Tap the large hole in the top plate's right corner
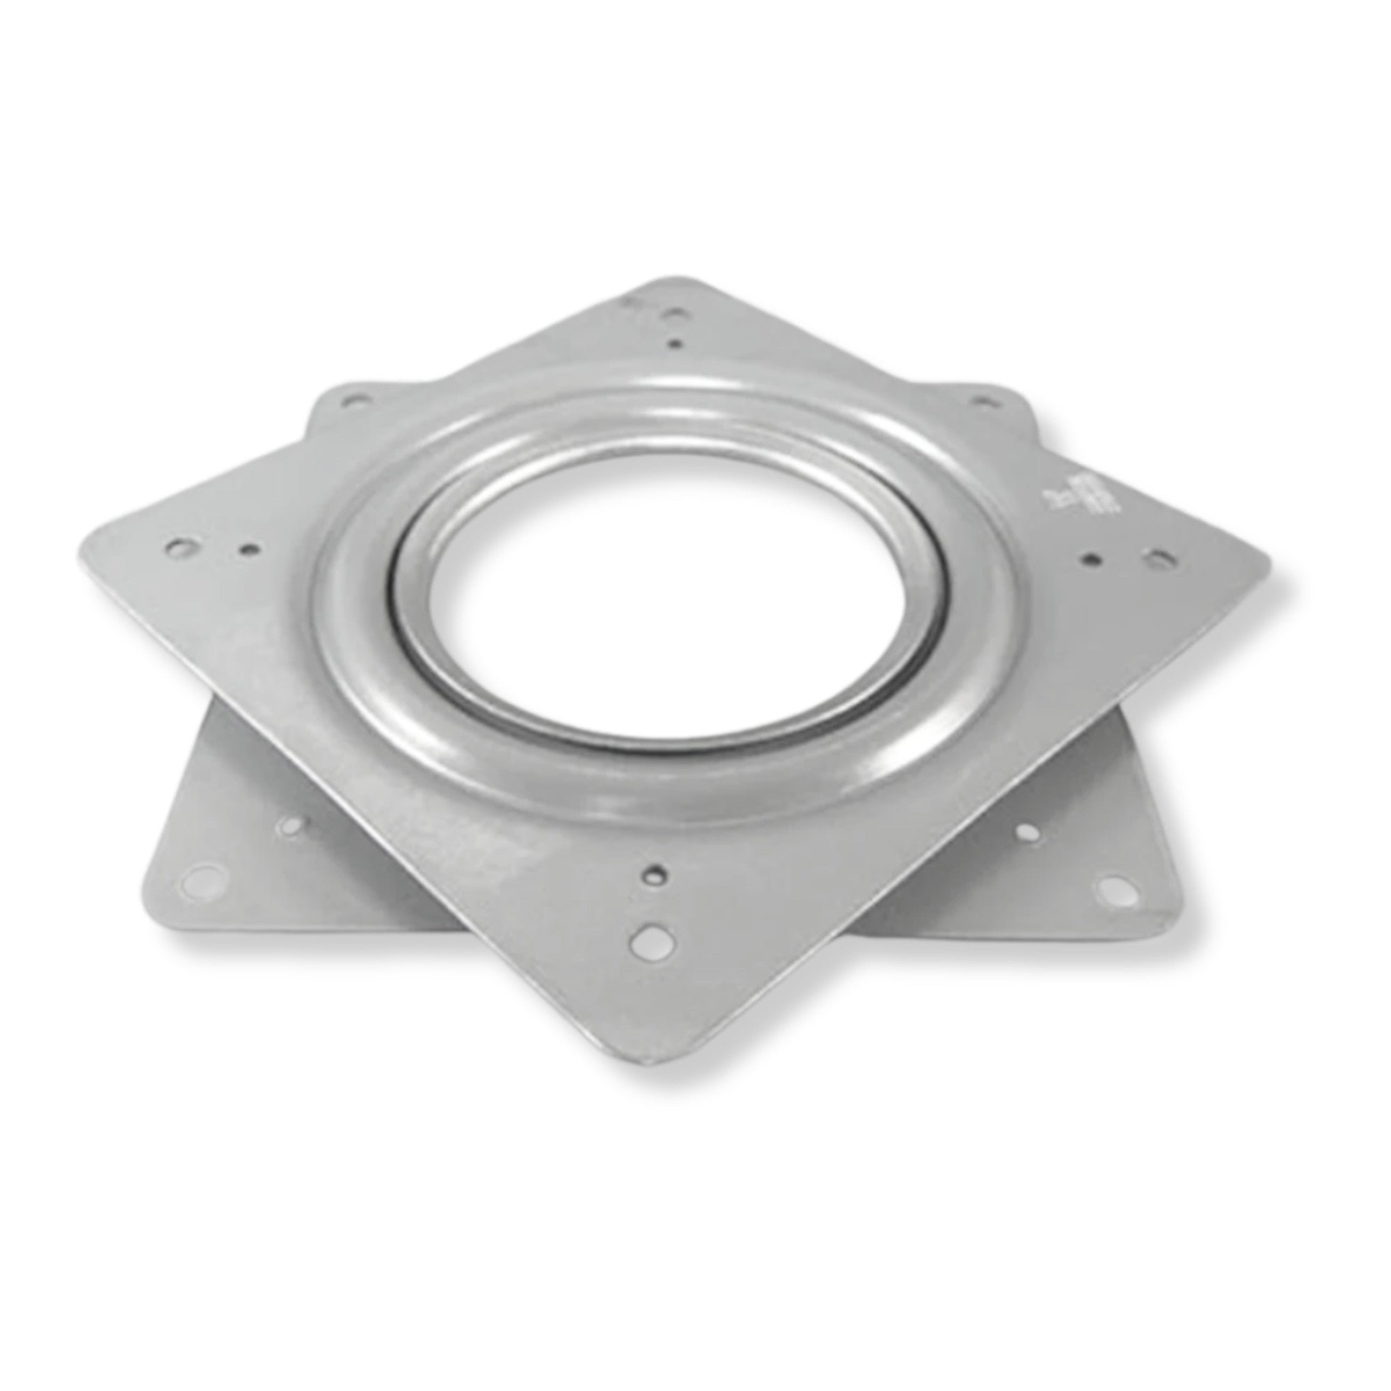click(1155, 556)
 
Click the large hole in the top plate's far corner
click(675, 314)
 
